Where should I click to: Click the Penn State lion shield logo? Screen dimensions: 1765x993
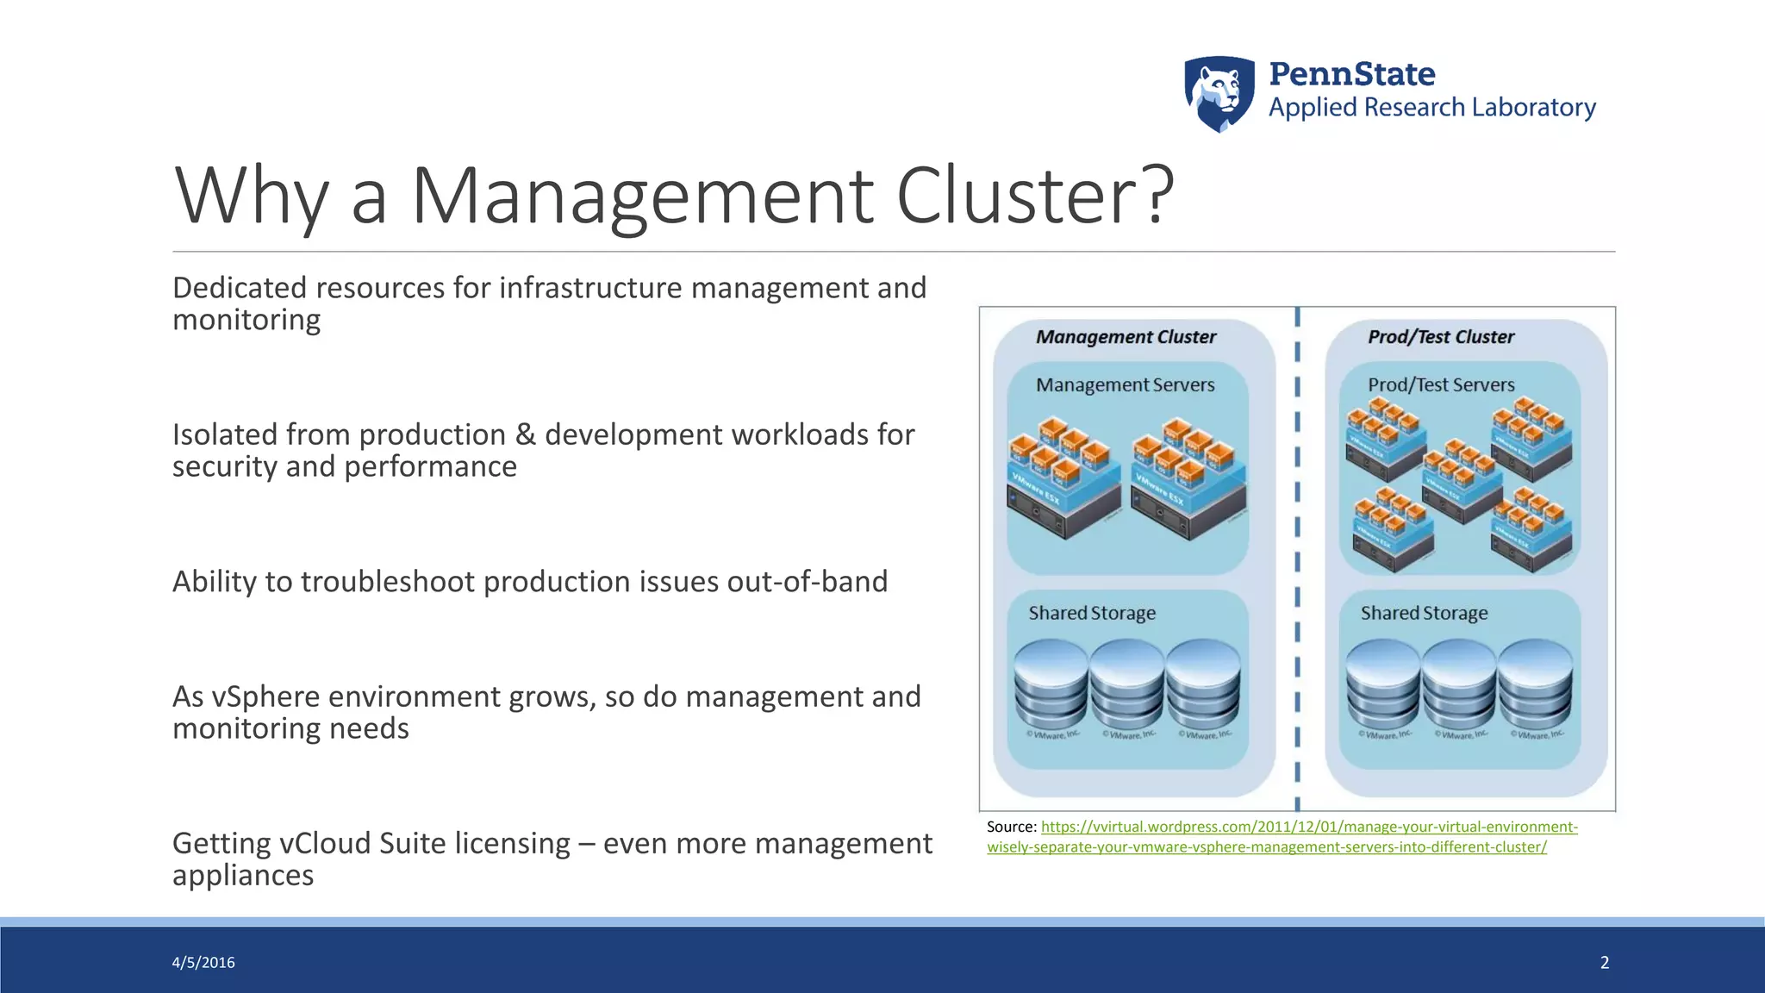[x=1219, y=94]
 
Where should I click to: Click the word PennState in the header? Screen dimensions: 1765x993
[x=1351, y=74]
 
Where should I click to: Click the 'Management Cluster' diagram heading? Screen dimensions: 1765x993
[x=1126, y=337]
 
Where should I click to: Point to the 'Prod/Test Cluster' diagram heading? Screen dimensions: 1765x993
[x=1441, y=337]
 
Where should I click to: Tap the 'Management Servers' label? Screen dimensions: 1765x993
[x=1125, y=385]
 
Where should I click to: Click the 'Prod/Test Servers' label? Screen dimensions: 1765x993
[x=1441, y=385]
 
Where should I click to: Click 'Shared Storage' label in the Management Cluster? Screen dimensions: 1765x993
[x=1092, y=614]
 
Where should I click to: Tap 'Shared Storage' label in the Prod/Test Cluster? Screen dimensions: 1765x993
[x=1424, y=614]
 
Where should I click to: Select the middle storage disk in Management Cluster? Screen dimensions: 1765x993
[x=1127, y=685]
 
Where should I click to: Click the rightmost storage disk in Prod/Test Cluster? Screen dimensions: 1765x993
[x=1535, y=685]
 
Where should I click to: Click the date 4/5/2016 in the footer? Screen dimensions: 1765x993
[x=203, y=963]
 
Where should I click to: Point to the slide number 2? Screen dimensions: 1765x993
[x=1605, y=963]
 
